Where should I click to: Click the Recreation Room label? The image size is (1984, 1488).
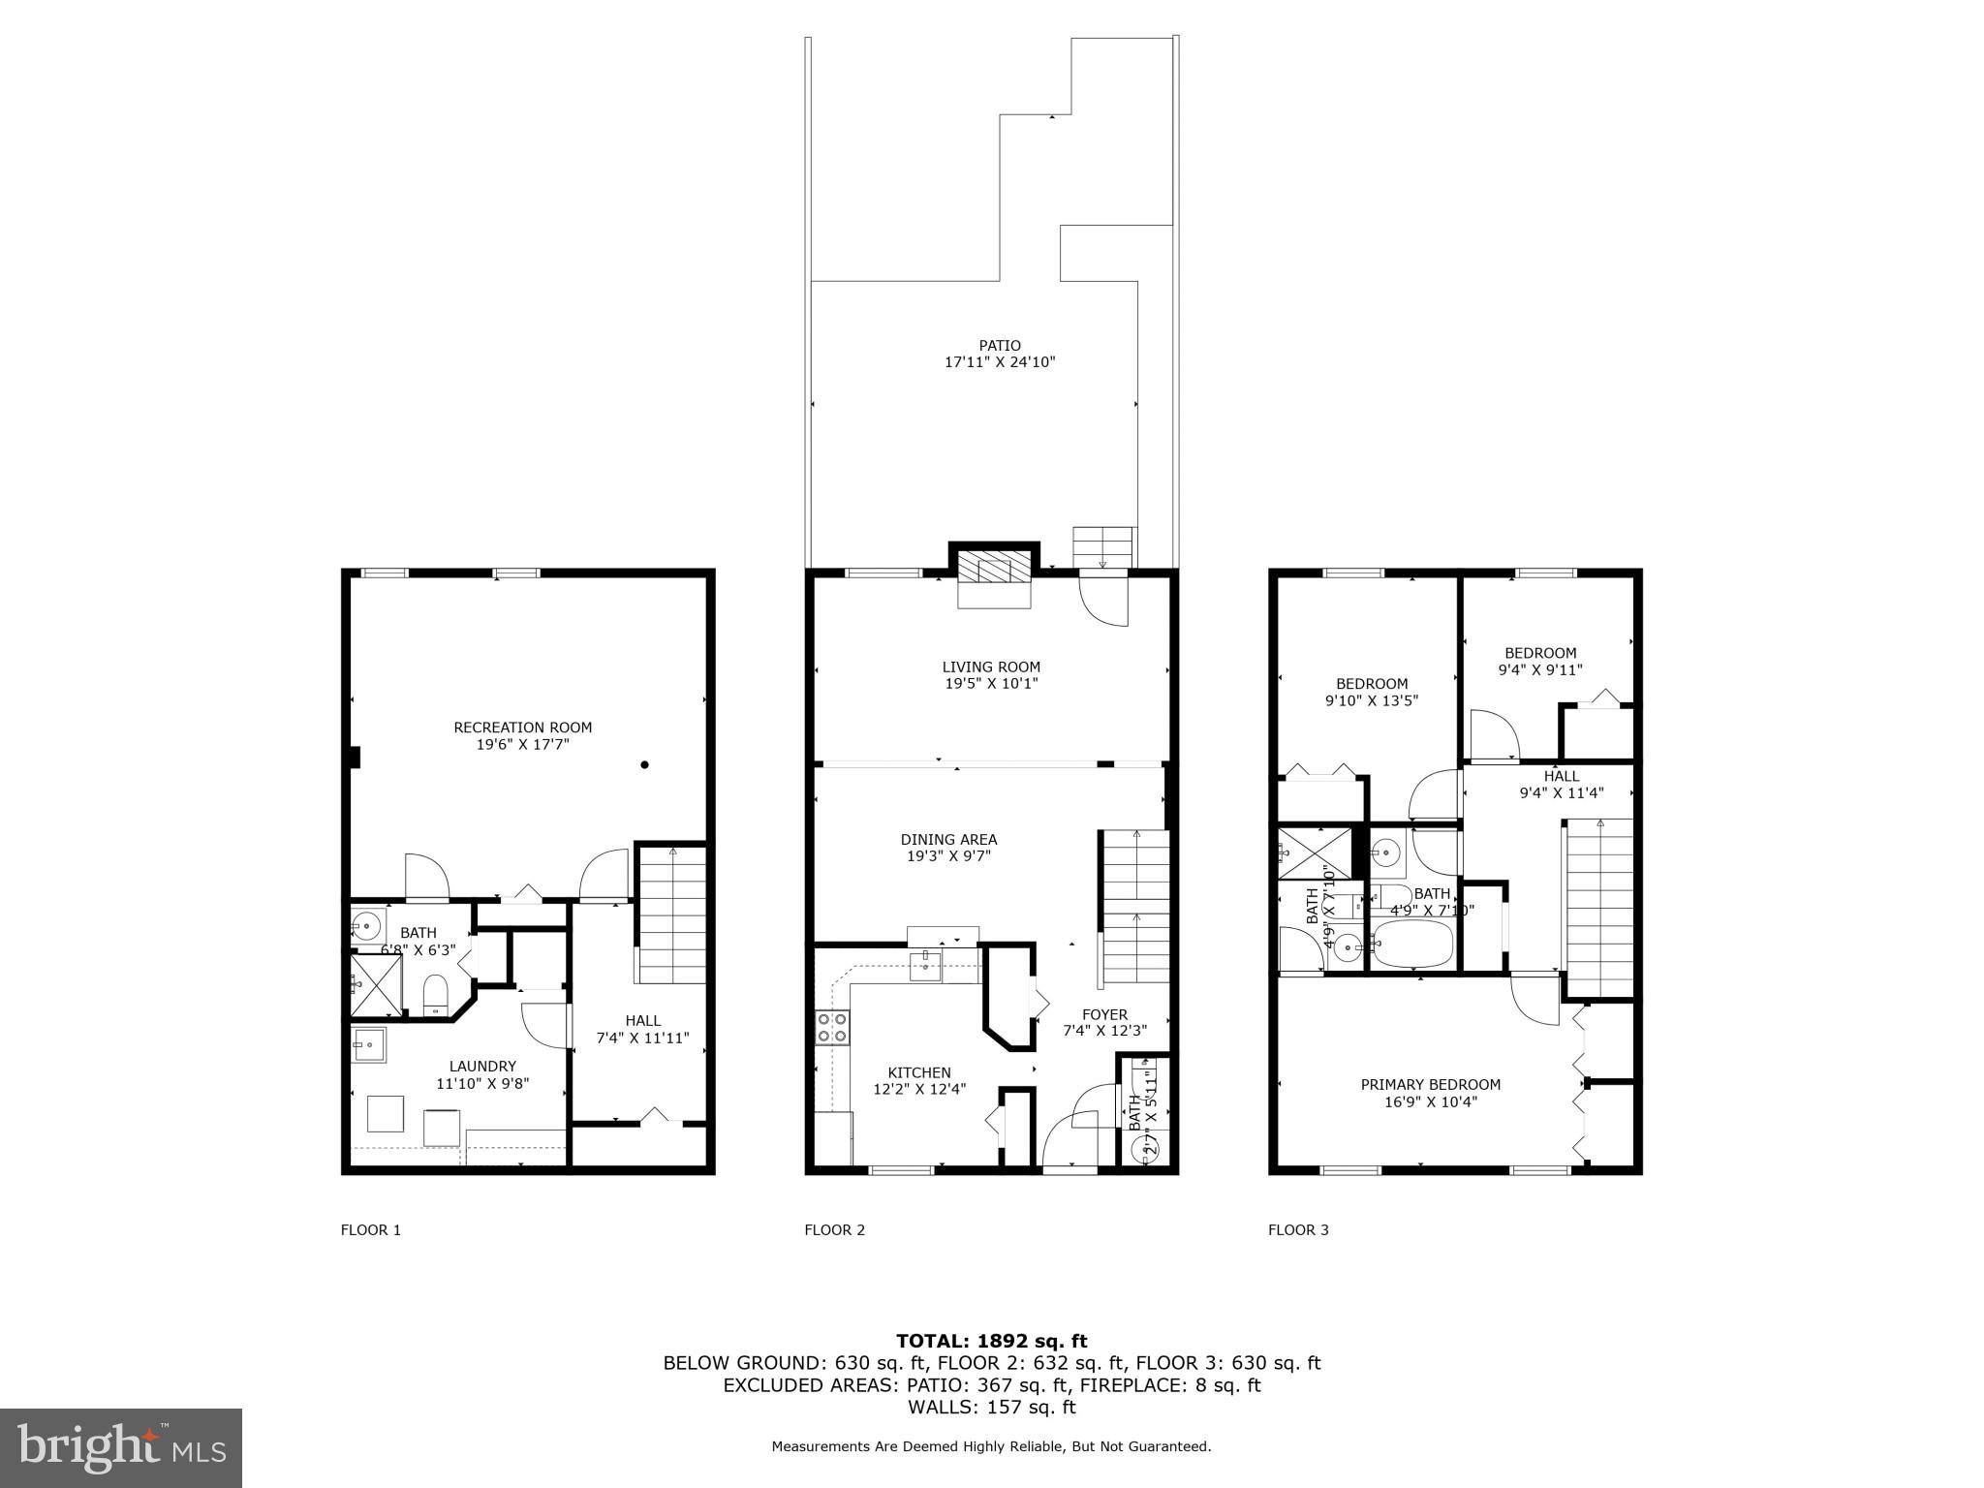pos(522,728)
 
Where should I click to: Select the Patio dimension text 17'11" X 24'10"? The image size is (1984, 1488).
pos(999,362)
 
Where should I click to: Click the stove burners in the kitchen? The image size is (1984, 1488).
pos(832,1027)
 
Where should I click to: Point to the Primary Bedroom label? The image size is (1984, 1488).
pos(1430,1085)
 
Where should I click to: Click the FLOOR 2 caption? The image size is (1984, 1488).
pos(834,1230)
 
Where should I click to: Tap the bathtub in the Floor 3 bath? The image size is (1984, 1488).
pos(1413,945)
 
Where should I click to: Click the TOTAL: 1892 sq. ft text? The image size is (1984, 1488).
pos(991,1341)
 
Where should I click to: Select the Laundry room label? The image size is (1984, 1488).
pos(482,1067)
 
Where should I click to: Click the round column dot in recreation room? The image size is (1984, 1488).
pos(644,764)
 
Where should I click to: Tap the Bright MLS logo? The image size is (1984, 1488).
pos(121,1448)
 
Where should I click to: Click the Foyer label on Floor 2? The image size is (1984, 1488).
pos(1104,1014)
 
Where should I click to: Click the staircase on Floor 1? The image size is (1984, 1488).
pos(671,915)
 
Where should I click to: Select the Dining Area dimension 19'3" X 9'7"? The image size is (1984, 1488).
pos(947,856)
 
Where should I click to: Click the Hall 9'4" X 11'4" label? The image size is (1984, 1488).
pos(1561,784)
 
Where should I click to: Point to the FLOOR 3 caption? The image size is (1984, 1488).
pos(1298,1230)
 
